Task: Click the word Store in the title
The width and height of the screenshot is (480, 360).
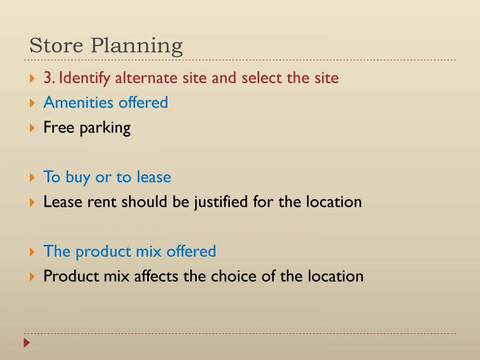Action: tap(57, 45)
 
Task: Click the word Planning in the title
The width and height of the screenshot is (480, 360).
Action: tap(137, 46)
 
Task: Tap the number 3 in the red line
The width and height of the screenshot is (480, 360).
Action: tap(49, 78)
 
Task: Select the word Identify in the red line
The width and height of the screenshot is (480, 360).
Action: tap(84, 78)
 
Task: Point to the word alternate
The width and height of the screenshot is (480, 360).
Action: tap(146, 78)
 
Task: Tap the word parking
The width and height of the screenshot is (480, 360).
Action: tap(105, 129)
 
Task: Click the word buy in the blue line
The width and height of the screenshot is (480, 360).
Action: tap(78, 178)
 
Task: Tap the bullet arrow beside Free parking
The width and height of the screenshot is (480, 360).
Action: tap(32, 128)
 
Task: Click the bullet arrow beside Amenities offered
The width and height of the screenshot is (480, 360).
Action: tap(32, 103)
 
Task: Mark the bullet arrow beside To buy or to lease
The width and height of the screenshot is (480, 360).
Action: tap(32, 178)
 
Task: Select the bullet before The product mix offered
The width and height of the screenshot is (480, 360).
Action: tap(32, 252)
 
